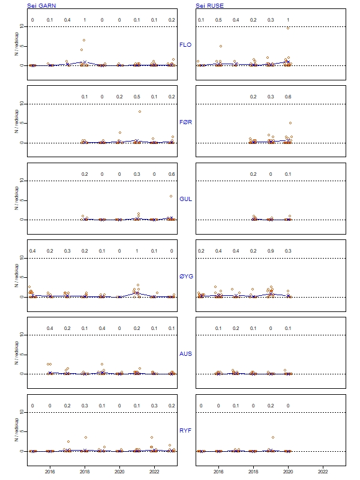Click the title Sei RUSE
(x=209, y=5)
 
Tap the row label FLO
(x=186, y=44)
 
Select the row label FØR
(x=186, y=122)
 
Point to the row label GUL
(x=186, y=199)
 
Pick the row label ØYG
(x=186, y=276)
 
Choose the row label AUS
(x=186, y=353)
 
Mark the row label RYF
(x=186, y=430)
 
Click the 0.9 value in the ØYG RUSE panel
(x=271, y=251)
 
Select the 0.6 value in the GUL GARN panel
(x=172, y=174)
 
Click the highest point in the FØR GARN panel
(x=140, y=112)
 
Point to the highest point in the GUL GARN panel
(x=170, y=196)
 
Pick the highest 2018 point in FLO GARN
(x=84, y=40)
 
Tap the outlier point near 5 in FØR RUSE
(x=290, y=123)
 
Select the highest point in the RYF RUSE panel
(x=273, y=437)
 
